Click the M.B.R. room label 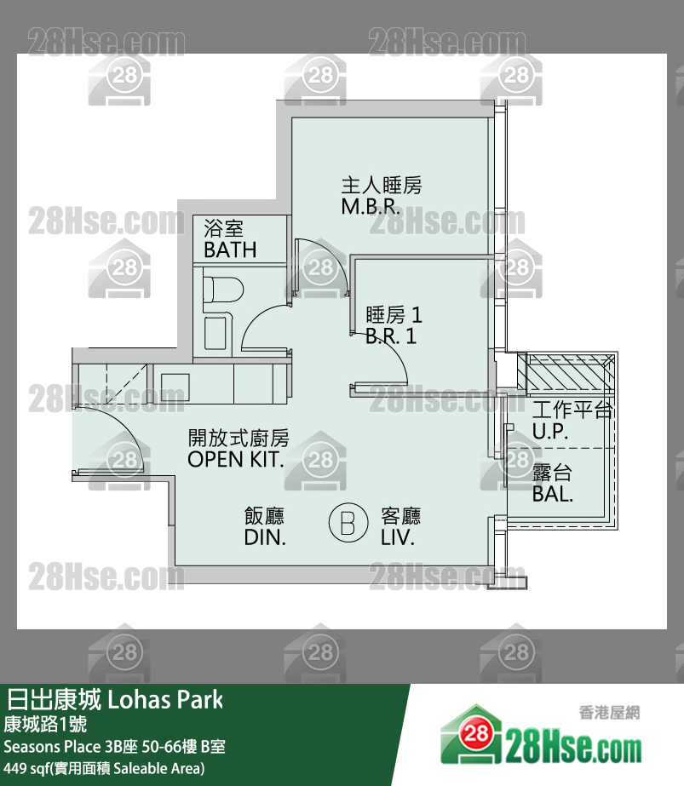(x=371, y=207)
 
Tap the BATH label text (x=230, y=250)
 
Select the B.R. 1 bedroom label (x=391, y=336)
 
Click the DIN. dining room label (x=265, y=538)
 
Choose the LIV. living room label (x=398, y=538)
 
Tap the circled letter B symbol (x=348, y=523)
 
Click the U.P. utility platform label (x=550, y=432)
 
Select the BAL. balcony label (x=553, y=494)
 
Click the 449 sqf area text (x=104, y=769)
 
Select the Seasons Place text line (x=115, y=748)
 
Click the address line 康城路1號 (x=44, y=725)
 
